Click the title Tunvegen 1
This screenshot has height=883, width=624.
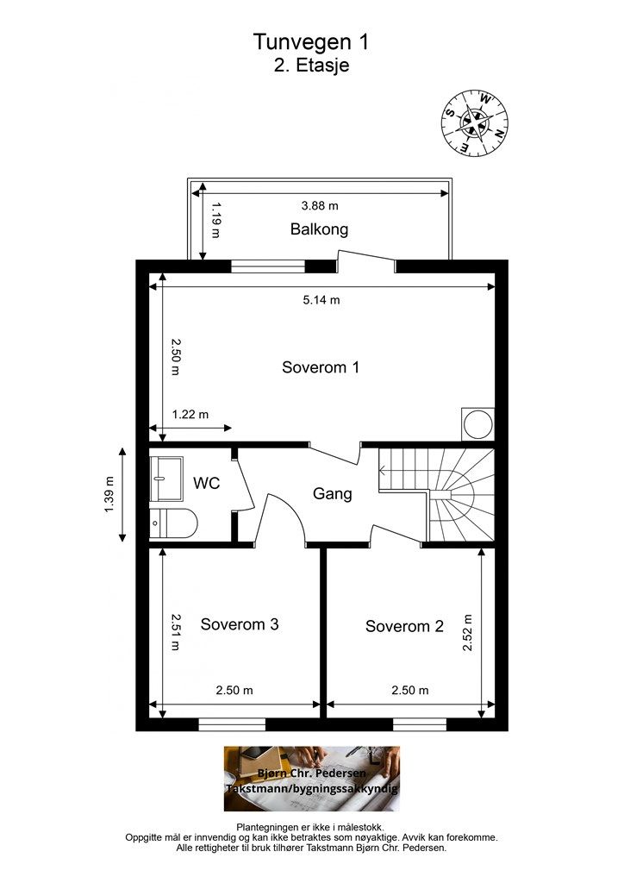click(310, 41)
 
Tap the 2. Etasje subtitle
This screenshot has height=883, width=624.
click(311, 65)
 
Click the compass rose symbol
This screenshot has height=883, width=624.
click(474, 123)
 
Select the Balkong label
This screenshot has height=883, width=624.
click(319, 229)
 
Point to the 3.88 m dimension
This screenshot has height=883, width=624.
click(320, 205)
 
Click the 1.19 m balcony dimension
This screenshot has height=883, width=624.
click(215, 220)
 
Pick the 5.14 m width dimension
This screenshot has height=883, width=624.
click(321, 299)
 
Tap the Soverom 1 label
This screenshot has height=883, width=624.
click(320, 367)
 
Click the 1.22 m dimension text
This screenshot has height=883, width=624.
click(190, 415)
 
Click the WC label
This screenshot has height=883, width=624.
click(207, 483)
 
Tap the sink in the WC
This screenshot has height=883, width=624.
click(166, 479)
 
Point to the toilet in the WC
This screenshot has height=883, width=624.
click(173, 523)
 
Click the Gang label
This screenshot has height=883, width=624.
click(332, 494)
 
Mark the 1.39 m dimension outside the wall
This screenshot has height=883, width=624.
click(109, 495)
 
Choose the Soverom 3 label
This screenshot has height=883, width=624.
click(240, 624)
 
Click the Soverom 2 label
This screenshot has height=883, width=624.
click(404, 626)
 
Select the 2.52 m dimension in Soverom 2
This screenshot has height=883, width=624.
click(468, 632)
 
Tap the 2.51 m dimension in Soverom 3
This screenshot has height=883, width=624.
click(175, 632)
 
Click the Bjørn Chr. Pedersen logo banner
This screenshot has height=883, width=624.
click(312, 779)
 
